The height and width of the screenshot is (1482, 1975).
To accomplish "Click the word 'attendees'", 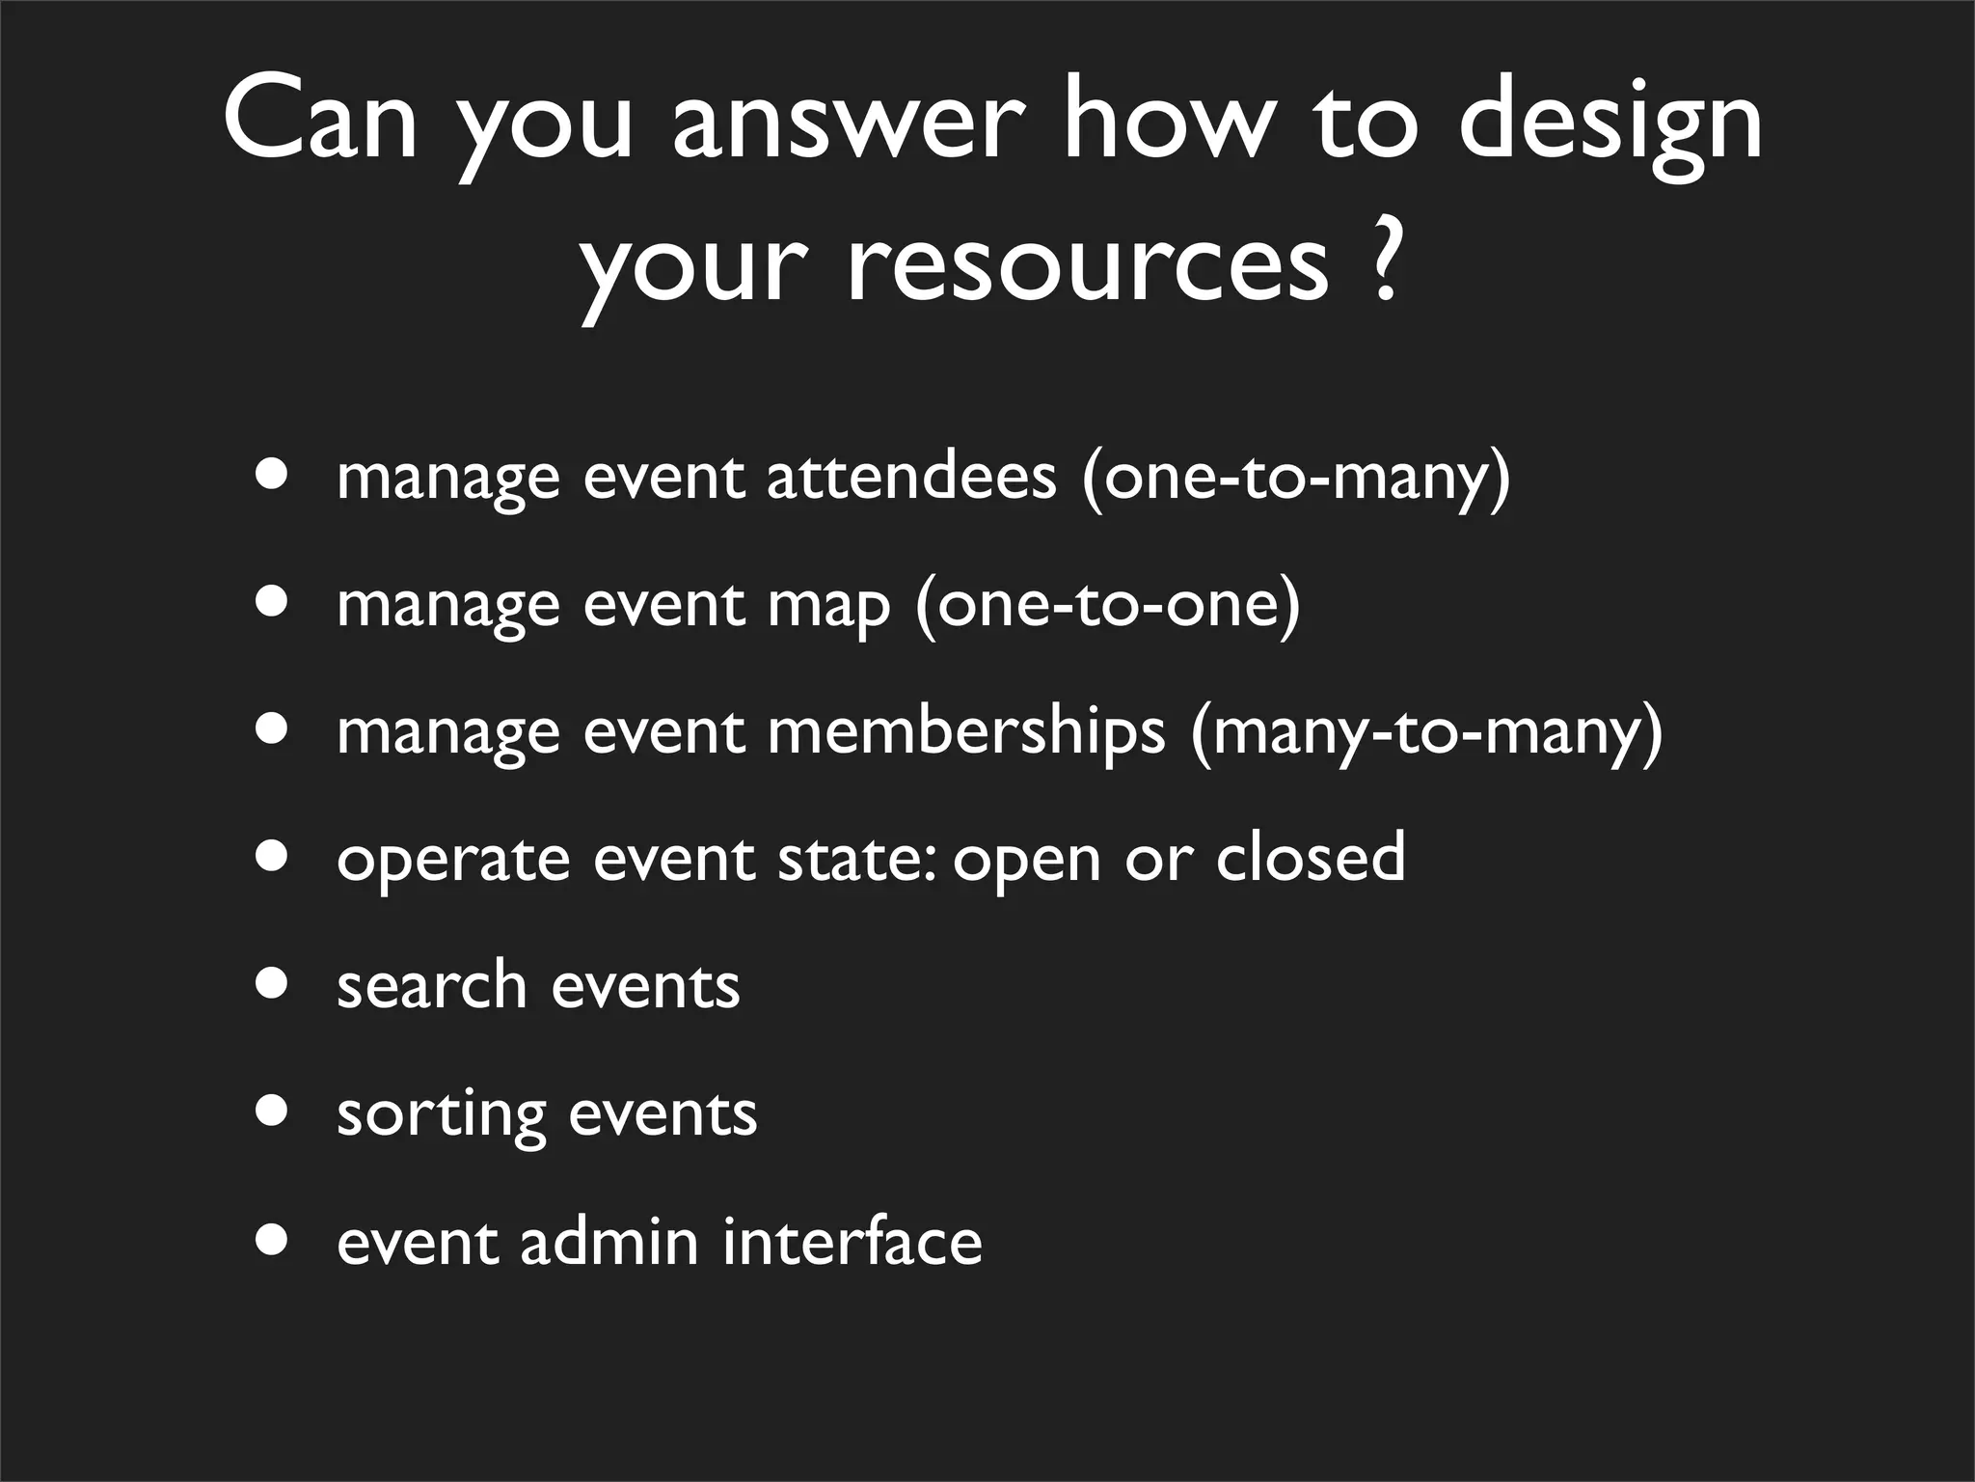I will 911,477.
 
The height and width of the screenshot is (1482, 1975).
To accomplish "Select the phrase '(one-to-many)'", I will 1295,479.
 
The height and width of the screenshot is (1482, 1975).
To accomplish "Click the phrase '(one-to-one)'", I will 1108,605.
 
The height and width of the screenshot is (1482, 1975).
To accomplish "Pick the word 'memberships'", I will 966,732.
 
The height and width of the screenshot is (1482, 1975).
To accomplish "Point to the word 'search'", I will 431,985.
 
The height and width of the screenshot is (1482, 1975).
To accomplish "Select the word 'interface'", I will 852,1241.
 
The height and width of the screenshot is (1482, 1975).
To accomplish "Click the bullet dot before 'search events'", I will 273,984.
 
